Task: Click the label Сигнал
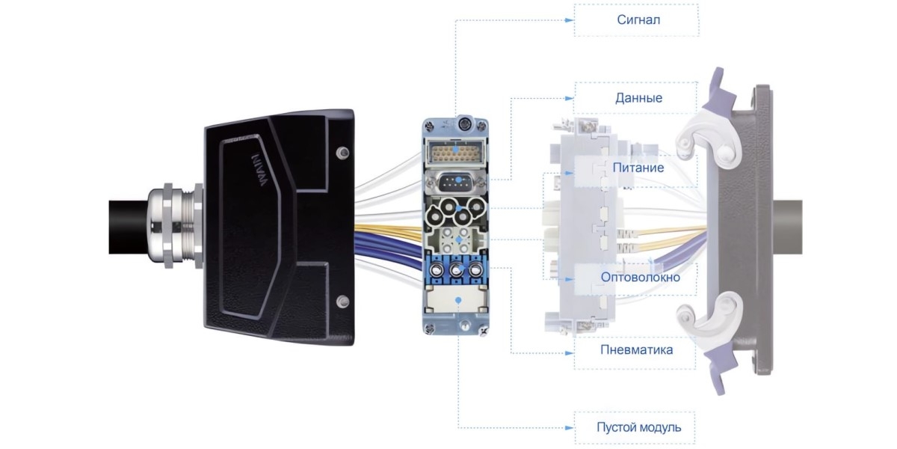pyautogui.click(x=637, y=20)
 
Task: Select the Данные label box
pyautogui.click(x=637, y=98)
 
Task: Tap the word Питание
pyautogui.click(x=638, y=168)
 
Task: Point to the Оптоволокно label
pyautogui.click(x=641, y=278)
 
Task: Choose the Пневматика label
pyautogui.click(x=636, y=350)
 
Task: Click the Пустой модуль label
pyautogui.click(x=638, y=428)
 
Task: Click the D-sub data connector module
pyautogui.click(x=456, y=182)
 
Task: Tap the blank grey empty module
pyautogui.click(x=456, y=302)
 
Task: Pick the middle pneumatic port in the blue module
pyautogui.click(x=455, y=270)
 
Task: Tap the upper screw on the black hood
pyautogui.click(x=342, y=153)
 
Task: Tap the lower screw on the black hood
pyautogui.click(x=342, y=302)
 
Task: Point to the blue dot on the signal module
pyautogui.click(x=457, y=150)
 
